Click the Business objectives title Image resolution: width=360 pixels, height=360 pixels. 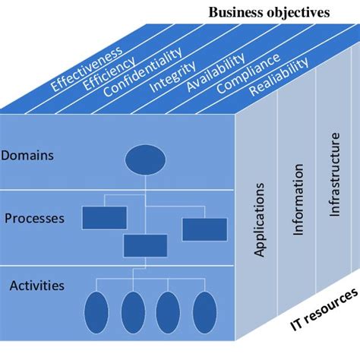(270, 12)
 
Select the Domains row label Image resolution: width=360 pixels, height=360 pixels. (27, 156)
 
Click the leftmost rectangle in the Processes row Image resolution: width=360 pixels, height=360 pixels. (104, 217)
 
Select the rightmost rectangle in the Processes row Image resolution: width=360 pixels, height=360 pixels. (204, 229)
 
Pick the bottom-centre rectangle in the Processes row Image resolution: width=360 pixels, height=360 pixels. (145, 245)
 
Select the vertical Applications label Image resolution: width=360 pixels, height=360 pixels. (260, 219)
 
